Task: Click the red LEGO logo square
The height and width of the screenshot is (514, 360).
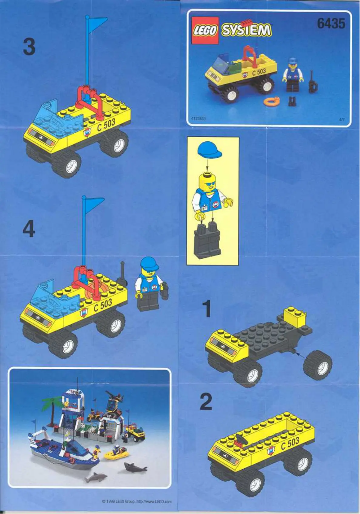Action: point(205,30)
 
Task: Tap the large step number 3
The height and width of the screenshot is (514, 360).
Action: point(29,47)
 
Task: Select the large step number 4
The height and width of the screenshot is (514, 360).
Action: point(28,230)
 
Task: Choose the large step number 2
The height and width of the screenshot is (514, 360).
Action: point(206,402)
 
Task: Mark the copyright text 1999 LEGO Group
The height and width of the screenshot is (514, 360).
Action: point(136,502)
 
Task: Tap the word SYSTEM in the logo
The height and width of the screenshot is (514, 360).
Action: point(246,30)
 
